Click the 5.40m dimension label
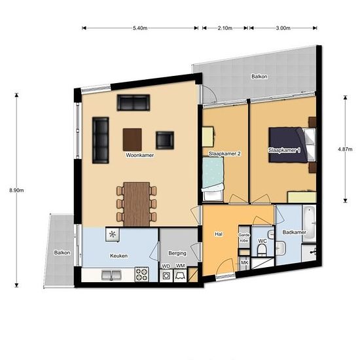[139, 28]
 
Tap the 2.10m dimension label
[225, 28]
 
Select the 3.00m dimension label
[283, 28]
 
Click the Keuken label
[119, 255]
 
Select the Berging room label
[177, 253]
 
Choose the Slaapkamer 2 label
[225, 154]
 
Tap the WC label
[262, 242]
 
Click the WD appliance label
[166, 266]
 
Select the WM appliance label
[180, 266]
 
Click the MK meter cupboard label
[245, 262]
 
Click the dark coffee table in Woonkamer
[133, 138]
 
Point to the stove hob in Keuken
[142, 275]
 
